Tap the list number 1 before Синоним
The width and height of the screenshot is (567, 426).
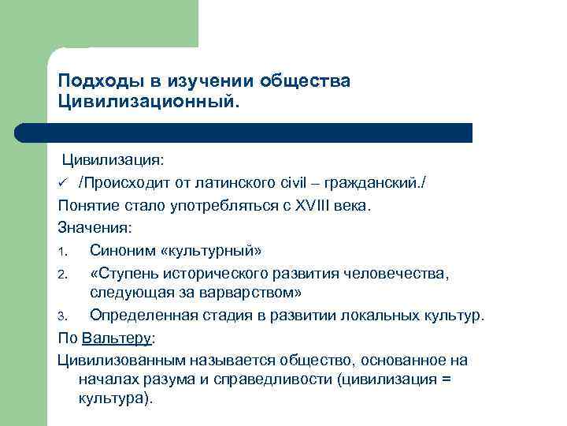[62, 250]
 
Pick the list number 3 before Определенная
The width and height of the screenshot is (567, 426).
[62, 316]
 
